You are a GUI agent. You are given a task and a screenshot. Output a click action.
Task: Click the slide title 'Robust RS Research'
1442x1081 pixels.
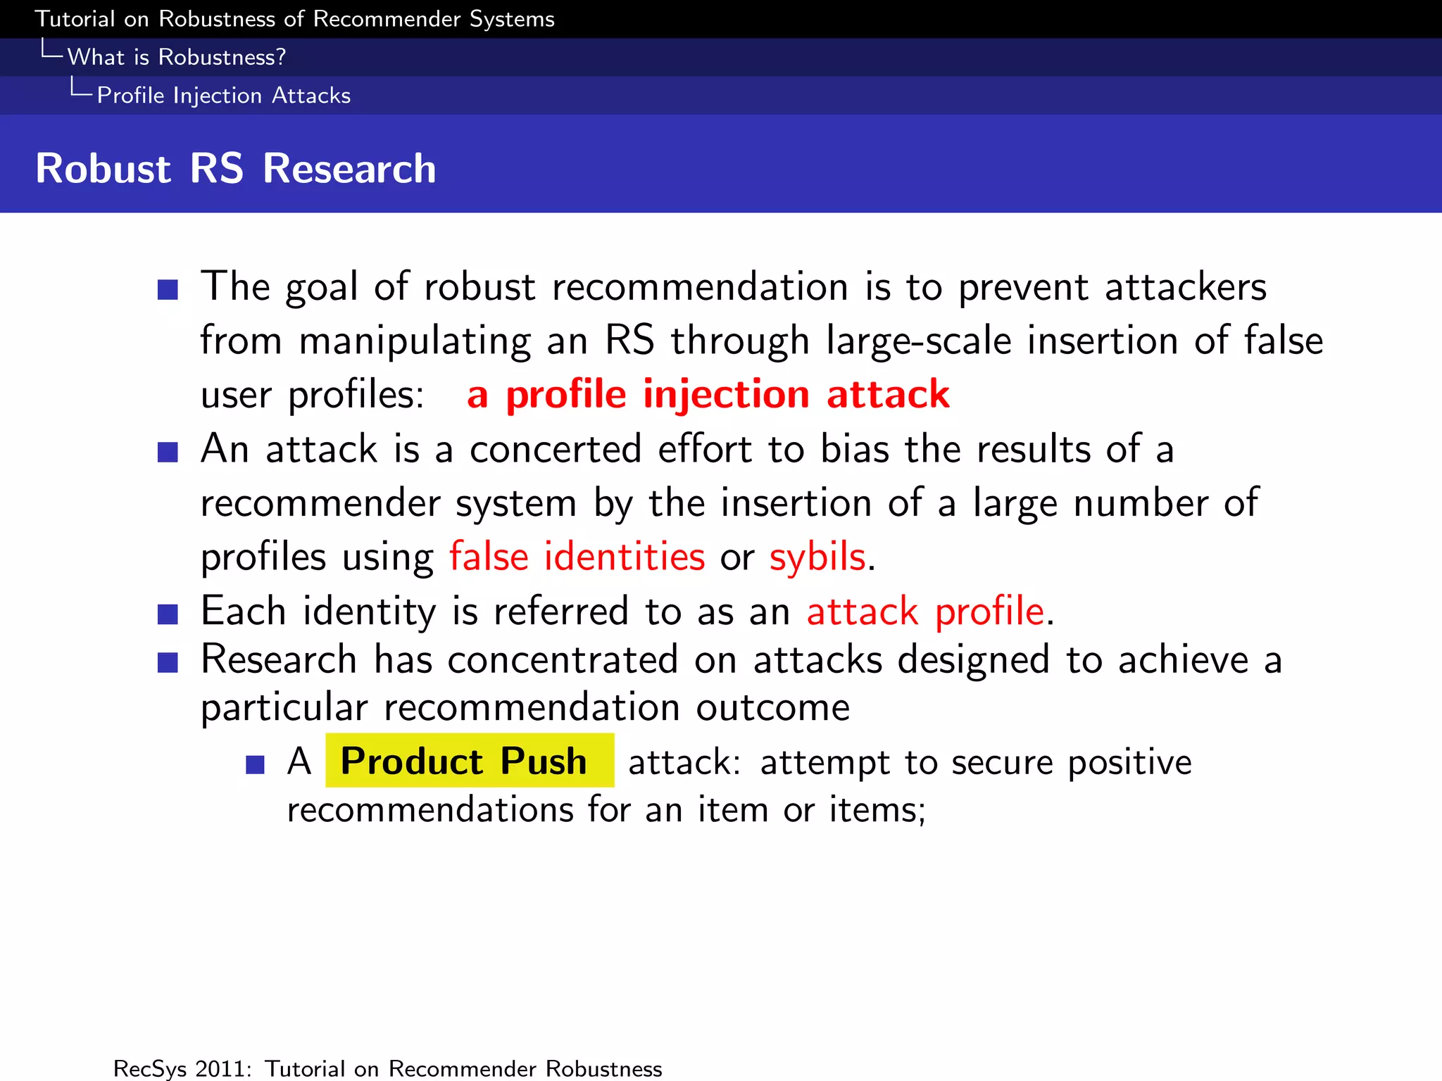[236, 169]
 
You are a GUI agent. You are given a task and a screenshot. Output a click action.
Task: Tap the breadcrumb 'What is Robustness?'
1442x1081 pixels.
[176, 57]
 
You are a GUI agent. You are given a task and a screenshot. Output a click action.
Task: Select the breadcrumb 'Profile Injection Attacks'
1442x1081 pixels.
[223, 95]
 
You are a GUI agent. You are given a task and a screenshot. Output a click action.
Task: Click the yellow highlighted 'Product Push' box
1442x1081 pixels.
[469, 761]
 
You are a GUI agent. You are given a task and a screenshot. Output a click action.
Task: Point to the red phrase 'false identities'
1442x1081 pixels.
[577, 557]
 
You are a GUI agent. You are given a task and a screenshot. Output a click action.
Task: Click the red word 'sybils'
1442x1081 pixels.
[817, 557]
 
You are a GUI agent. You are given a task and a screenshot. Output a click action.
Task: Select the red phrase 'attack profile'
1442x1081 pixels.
[924, 611]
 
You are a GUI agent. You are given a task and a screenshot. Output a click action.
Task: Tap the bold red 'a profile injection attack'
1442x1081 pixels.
[708, 393]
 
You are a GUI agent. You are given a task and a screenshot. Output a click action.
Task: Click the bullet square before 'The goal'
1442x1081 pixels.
[168, 289]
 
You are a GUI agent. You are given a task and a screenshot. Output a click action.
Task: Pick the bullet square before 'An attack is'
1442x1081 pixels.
[168, 452]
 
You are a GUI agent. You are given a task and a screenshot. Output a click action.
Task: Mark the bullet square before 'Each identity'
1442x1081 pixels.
[168, 614]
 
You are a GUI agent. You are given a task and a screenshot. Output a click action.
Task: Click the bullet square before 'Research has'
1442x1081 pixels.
[168, 662]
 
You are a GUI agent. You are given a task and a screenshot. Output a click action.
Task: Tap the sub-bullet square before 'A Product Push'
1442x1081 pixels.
[255, 764]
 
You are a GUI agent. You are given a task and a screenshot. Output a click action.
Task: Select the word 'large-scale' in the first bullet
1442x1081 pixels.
[918, 341]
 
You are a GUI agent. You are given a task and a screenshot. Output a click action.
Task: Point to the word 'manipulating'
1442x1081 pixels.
[415, 341]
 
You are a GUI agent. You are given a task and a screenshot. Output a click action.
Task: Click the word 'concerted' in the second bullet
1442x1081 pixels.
[556, 449]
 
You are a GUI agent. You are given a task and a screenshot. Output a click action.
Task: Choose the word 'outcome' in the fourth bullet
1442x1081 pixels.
[772, 707]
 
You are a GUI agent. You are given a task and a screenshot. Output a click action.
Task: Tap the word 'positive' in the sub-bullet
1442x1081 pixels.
[1129, 762]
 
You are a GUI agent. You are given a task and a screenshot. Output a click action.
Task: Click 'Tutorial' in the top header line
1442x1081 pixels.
[75, 19]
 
